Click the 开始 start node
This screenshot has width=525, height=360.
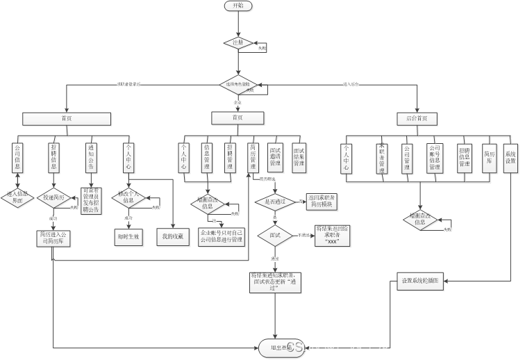pos(238,6)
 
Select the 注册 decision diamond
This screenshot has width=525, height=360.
pos(238,43)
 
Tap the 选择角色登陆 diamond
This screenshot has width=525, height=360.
pos(238,85)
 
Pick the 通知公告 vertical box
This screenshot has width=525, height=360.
pos(91,158)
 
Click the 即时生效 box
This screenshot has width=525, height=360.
pos(128,236)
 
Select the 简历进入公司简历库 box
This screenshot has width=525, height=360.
pos(55,238)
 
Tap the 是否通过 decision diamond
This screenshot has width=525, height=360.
pos(276,202)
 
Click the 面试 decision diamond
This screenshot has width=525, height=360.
pos(275,235)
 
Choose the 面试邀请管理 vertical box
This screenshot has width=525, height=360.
pos(276,158)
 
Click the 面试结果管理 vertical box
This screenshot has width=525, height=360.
pos(299,158)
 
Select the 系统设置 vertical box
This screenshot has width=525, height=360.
pos(510,158)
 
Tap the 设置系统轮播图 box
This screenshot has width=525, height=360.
pos(419,281)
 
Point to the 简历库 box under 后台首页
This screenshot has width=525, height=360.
pos(490,158)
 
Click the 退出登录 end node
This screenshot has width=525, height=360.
pos(281,347)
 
